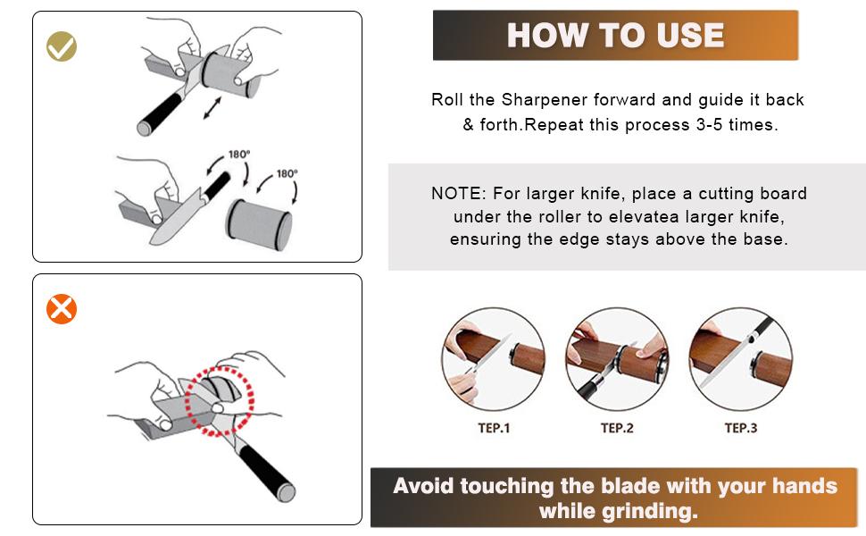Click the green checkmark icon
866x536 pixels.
click(x=62, y=46)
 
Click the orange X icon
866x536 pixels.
click(x=62, y=309)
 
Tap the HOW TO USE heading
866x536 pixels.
click(x=615, y=35)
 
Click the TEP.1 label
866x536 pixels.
click(x=494, y=428)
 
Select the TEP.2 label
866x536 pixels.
click(x=617, y=428)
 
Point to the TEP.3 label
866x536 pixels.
click(x=740, y=428)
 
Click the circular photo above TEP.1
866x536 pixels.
click(x=494, y=360)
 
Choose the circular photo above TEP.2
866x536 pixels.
click(x=617, y=360)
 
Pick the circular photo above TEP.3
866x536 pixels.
click(x=740, y=360)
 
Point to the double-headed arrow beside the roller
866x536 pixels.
click(x=212, y=109)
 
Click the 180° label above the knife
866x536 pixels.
click(x=237, y=155)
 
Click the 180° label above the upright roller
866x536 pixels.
click(x=287, y=174)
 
